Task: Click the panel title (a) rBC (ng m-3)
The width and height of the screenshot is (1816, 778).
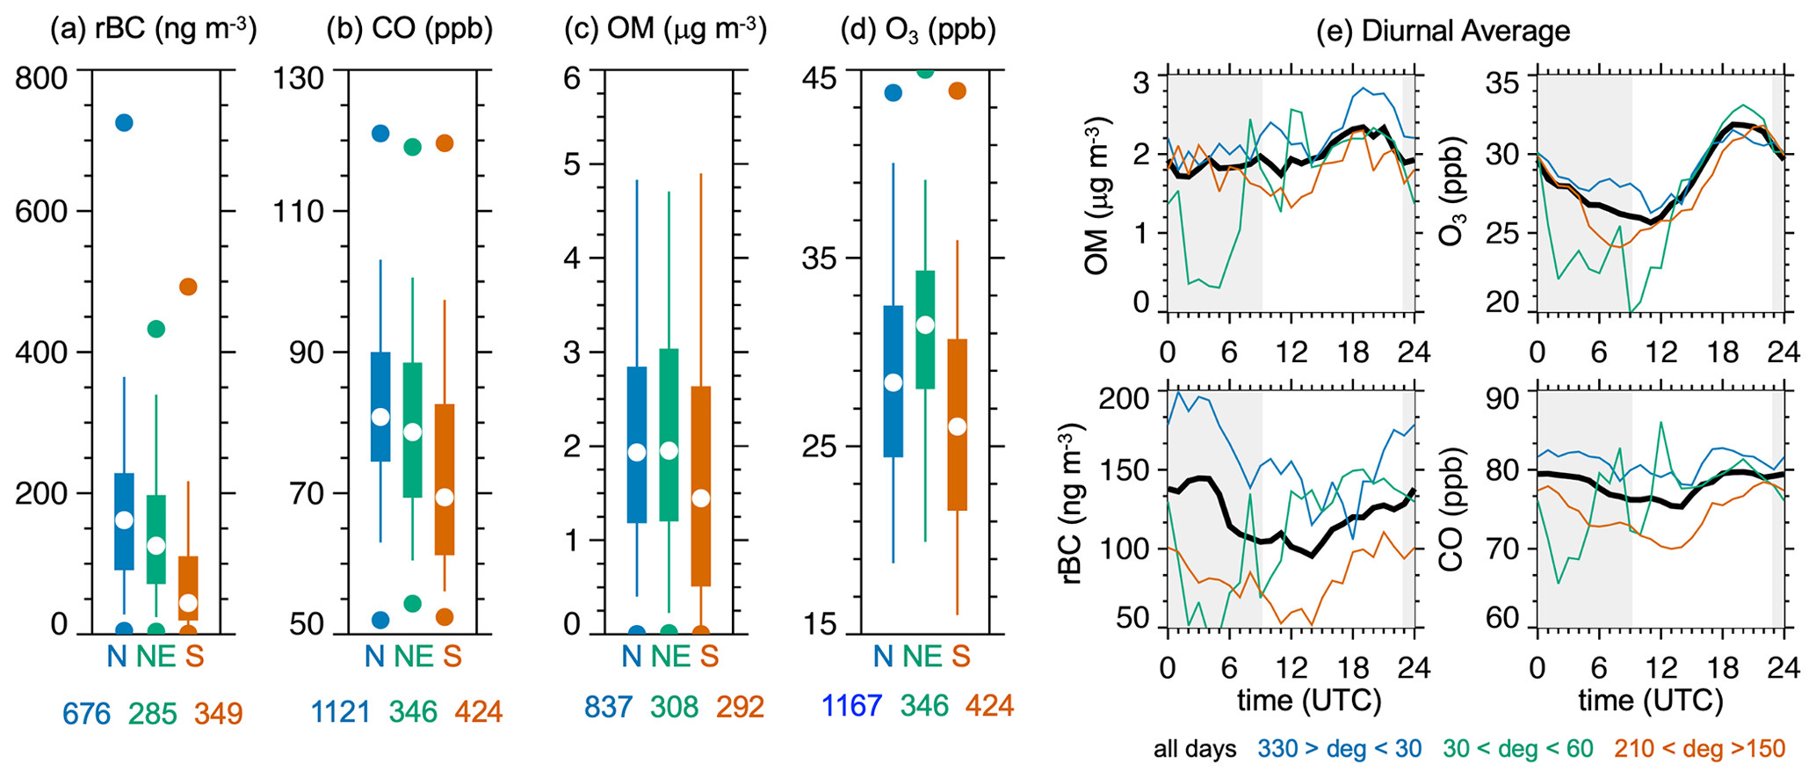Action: [153, 31]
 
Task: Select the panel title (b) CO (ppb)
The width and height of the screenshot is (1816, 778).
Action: [409, 31]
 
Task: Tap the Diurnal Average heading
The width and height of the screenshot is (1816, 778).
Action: [1443, 31]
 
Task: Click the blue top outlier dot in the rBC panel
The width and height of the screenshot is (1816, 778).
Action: [124, 123]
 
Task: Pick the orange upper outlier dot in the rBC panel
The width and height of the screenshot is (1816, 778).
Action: [188, 287]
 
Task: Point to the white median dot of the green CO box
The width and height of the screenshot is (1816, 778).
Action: [412, 432]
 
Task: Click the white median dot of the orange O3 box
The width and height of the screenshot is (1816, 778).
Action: [958, 426]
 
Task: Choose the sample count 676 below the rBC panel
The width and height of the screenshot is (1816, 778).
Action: [86, 714]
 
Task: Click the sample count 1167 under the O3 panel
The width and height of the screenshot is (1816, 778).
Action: [851, 705]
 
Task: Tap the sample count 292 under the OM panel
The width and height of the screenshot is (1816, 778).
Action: [740, 707]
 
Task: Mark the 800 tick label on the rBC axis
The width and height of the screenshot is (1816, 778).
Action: [40, 77]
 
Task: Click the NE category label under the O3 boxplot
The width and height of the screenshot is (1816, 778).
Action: [922, 656]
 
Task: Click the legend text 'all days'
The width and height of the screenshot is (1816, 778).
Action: [1195, 749]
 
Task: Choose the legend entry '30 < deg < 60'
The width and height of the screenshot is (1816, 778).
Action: [1517, 749]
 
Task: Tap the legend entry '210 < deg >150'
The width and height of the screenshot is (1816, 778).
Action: [1700, 749]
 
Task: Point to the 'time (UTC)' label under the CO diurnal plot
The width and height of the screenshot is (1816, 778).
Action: [1650, 701]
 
